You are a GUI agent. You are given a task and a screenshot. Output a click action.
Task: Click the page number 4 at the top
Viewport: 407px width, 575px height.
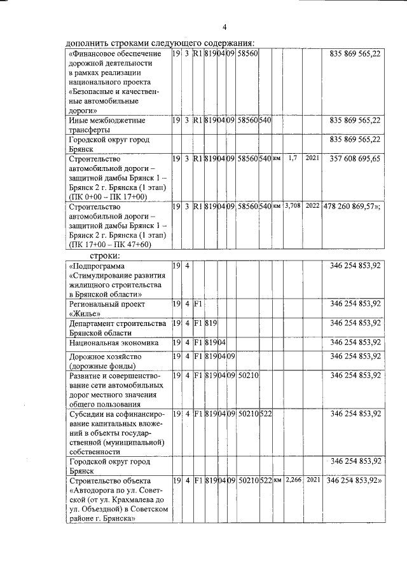coord(224,27)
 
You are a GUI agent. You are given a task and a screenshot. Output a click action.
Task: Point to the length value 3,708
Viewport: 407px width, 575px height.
coord(293,206)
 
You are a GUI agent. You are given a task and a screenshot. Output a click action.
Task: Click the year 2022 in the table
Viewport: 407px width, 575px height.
coord(312,206)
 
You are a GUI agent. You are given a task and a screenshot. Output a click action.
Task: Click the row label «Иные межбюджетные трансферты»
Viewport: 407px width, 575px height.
coord(106,125)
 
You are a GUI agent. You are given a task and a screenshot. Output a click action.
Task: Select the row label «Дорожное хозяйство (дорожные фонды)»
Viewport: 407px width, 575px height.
coord(105,361)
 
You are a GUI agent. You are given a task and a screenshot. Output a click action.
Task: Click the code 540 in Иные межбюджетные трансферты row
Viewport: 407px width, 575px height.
coord(265,120)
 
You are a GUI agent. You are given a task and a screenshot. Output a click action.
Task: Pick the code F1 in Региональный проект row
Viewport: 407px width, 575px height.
coord(198,304)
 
